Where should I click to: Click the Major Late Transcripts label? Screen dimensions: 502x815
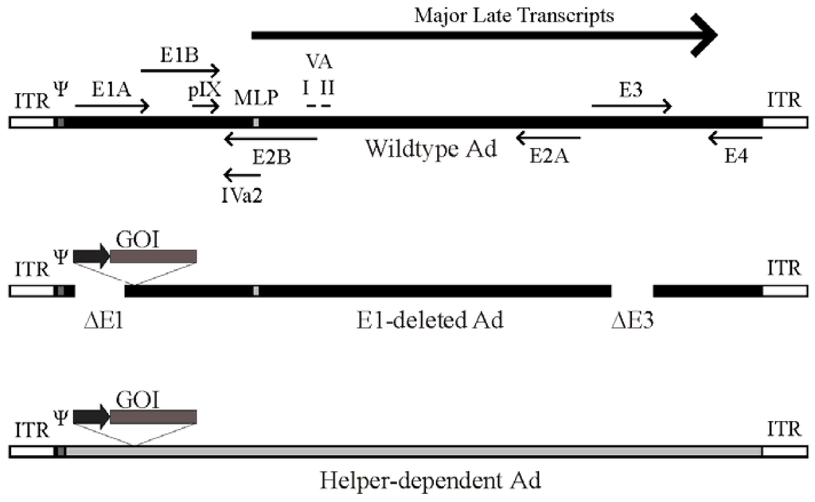coord(514,15)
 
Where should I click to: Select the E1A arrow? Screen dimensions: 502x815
coord(112,106)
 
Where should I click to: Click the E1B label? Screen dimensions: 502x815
coord(178,55)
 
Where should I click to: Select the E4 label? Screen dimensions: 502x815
coord(735,158)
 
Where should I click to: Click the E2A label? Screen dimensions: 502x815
coord(548,158)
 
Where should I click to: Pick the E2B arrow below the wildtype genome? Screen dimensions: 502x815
coord(271,140)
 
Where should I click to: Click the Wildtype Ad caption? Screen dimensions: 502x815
coord(431,149)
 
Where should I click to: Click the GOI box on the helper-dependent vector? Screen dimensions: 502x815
coord(154,415)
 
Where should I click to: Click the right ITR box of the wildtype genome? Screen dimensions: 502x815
coord(785,123)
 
